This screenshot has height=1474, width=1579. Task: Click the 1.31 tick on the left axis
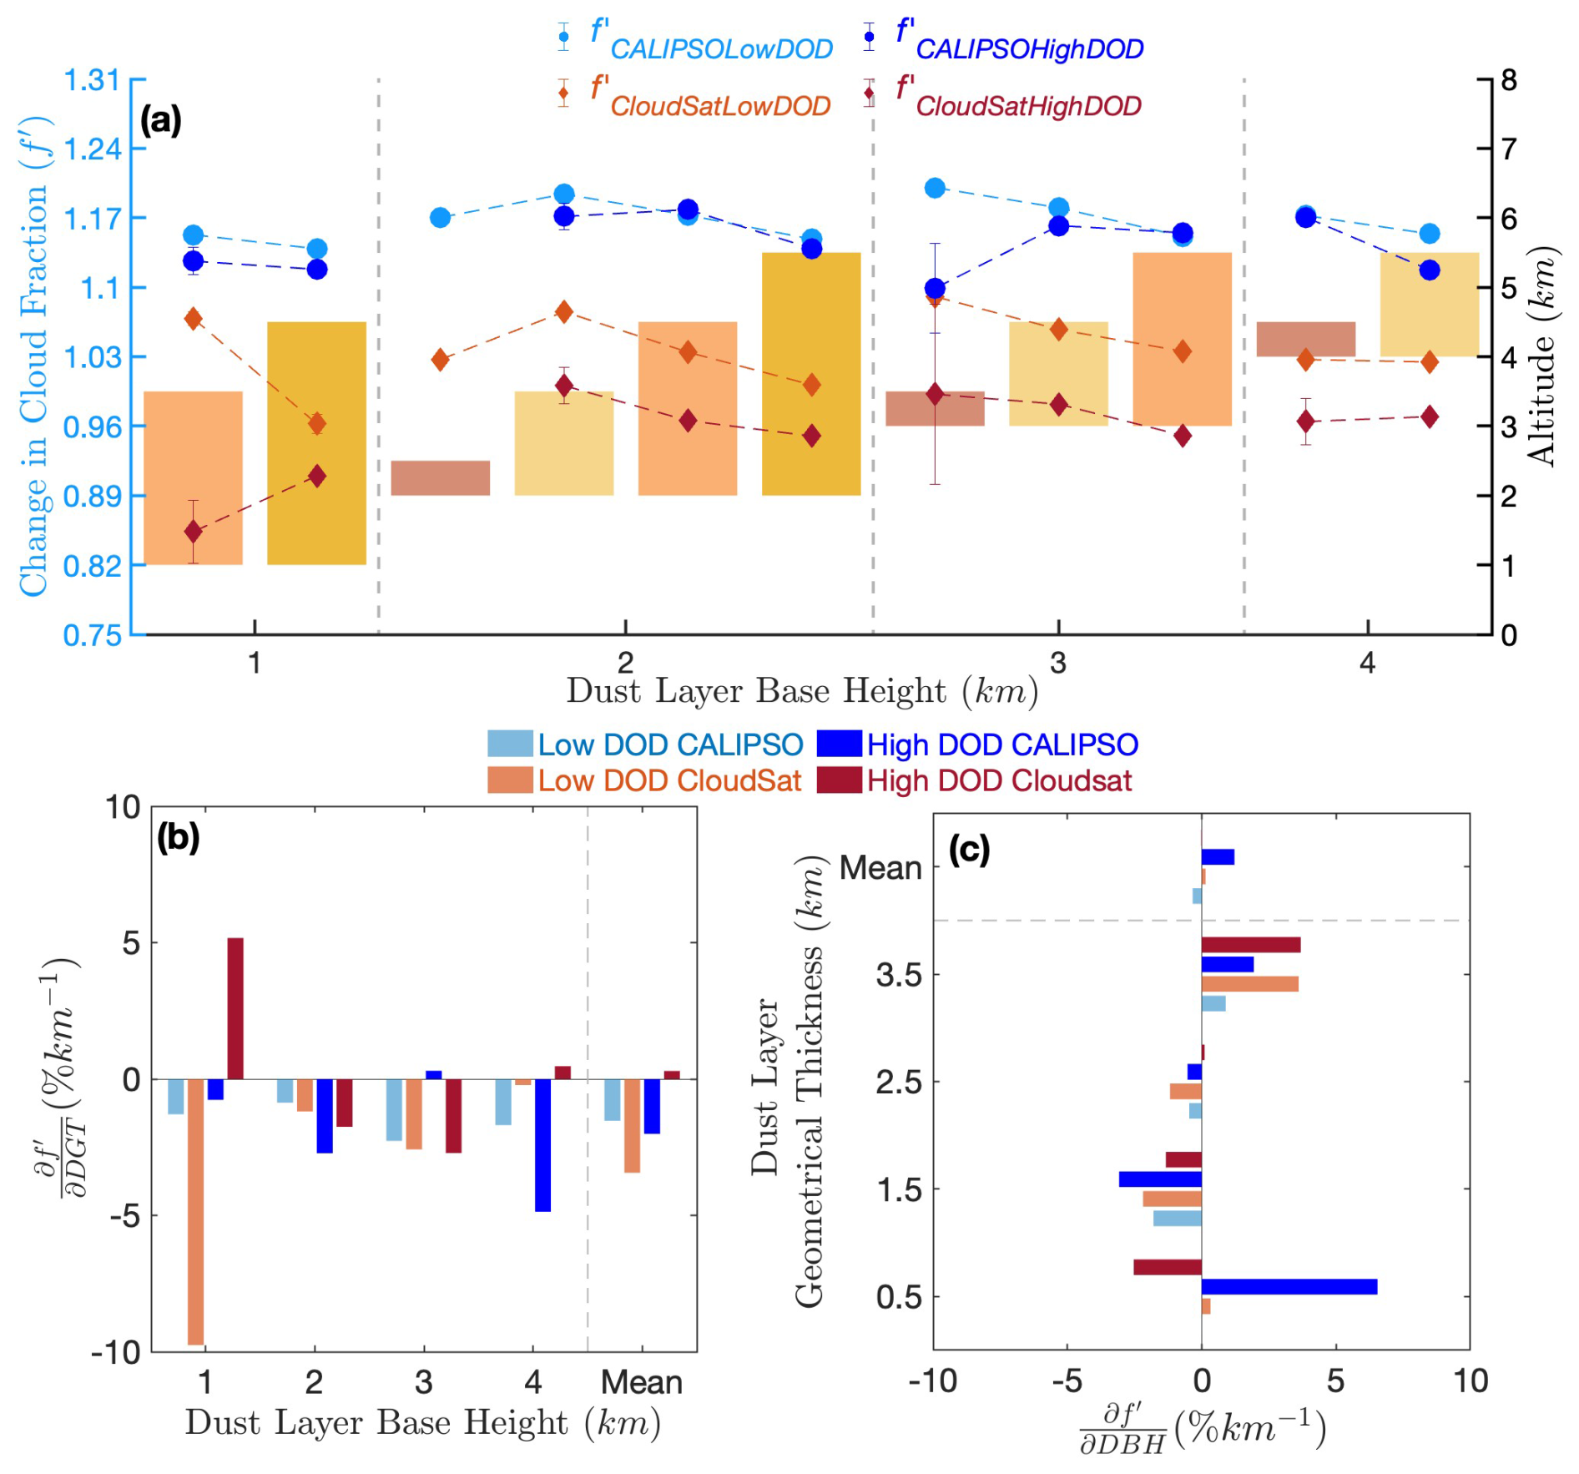click(92, 80)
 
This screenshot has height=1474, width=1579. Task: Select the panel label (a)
click(160, 121)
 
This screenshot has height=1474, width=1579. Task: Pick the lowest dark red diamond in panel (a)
click(193, 532)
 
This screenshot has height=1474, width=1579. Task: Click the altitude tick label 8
click(1509, 80)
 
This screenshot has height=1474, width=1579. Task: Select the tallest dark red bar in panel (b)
click(235, 1008)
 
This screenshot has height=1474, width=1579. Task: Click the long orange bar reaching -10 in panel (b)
click(196, 1211)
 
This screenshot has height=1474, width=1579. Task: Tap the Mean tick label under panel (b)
click(641, 1383)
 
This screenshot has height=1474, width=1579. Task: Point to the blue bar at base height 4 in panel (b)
click(542, 1145)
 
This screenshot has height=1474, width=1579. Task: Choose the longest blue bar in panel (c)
click(1289, 1287)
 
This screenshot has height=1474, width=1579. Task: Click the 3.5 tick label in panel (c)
click(898, 975)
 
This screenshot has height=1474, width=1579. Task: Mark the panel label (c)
click(969, 850)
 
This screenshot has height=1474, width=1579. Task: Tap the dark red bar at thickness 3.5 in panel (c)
click(1250, 945)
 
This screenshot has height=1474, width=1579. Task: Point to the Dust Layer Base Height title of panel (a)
click(801, 692)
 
